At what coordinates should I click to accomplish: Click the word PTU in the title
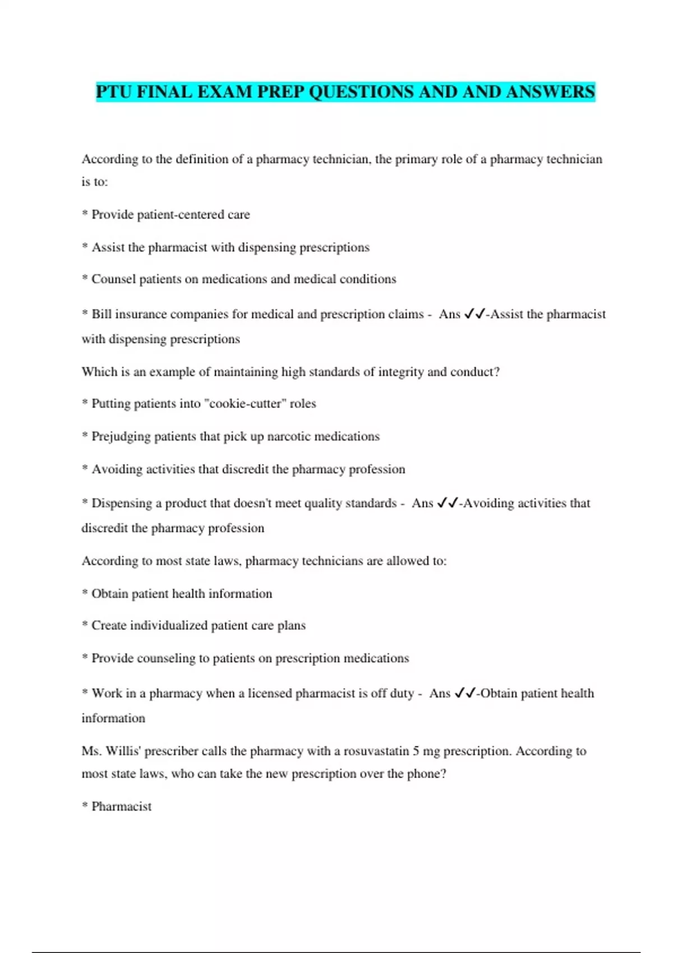click(114, 91)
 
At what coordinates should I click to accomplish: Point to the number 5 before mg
click(416, 751)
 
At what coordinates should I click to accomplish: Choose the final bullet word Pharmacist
click(121, 807)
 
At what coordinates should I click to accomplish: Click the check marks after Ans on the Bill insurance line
click(474, 314)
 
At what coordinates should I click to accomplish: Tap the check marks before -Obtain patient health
click(465, 693)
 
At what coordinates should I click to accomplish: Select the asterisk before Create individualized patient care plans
click(85, 624)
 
